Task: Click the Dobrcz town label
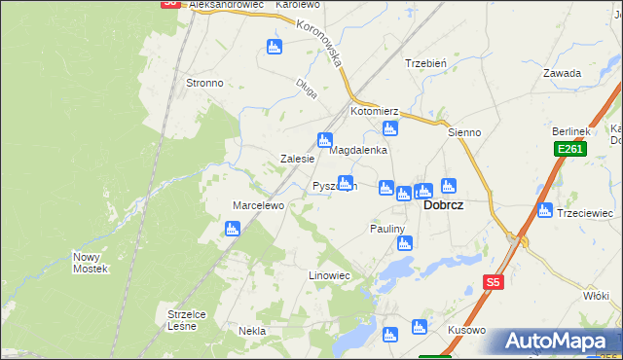point(442,206)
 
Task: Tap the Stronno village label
point(204,84)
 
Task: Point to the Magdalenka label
point(359,151)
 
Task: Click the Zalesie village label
point(297,159)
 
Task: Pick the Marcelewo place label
point(257,205)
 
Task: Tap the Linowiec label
point(329,276)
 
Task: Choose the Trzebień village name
point(425,63)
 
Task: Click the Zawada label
point(563,73)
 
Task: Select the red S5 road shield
point(494,282)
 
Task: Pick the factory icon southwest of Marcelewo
point(233,229)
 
